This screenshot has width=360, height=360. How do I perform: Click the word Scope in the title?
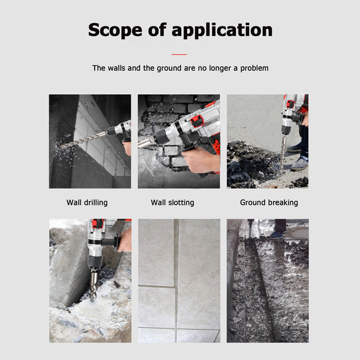point(115,31)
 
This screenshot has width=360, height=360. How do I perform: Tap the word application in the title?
point(222,31)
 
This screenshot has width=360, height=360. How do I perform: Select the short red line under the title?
point(179,55)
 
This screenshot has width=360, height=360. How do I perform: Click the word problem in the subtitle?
point(254,68)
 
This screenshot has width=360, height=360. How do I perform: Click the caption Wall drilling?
point(87,203)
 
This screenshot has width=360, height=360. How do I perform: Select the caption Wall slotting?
point(172,203)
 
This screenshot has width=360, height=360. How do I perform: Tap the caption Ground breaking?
point(269,203)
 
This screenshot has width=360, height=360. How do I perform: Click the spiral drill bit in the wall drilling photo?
point(83,139)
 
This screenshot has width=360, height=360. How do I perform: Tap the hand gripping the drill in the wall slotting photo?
point(199,160)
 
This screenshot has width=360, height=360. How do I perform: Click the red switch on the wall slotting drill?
point(197,121)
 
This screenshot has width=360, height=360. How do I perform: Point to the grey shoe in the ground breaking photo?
point(299,164)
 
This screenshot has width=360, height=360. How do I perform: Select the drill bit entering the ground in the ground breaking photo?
point(284,152)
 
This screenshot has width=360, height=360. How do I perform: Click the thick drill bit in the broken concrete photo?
point(93,286)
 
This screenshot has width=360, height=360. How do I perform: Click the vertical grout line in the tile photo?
point(176,281)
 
